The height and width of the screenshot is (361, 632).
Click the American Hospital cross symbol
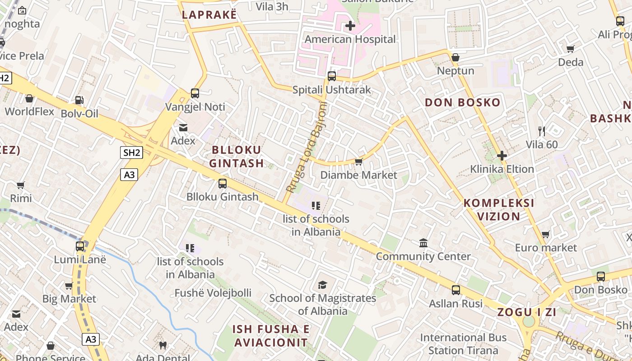coord(350,26)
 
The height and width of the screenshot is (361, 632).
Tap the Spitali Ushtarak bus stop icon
coord(332,76)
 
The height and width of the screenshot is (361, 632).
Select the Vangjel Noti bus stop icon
coord(195,93)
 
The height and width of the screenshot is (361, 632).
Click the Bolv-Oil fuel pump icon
coord(79,100)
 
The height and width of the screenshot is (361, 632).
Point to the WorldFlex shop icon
coord(29,98)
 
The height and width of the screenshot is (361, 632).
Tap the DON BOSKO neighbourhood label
coord(463,102)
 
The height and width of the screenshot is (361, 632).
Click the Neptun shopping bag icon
coord(455,57)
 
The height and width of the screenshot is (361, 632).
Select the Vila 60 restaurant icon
coord(542,131)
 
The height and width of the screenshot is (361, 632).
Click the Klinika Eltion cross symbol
coord(502,156)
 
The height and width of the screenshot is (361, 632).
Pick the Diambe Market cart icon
coord(359,162)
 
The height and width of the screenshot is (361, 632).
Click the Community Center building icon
coord(423,243)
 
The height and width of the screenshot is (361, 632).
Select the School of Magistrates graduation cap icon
coord(322,285)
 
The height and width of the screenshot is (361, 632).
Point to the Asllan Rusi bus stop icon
coord(456,290)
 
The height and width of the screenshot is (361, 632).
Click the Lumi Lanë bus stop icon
coord(80,246)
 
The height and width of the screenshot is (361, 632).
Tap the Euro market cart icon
coord(546,234)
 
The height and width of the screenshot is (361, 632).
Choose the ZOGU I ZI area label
coord(526,312)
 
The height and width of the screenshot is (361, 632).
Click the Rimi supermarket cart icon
coord(20,185)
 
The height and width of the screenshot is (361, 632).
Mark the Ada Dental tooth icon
coord(163,345)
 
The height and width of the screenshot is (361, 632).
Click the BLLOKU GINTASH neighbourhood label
coord(237,157)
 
